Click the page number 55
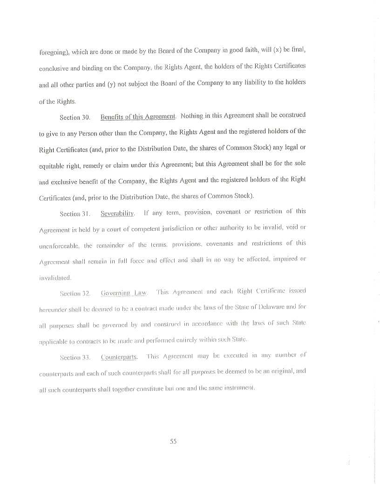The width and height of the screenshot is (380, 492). pos(173,442)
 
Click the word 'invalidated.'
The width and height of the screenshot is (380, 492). pos(55,277)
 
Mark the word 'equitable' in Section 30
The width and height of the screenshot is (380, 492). pos(54,165)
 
